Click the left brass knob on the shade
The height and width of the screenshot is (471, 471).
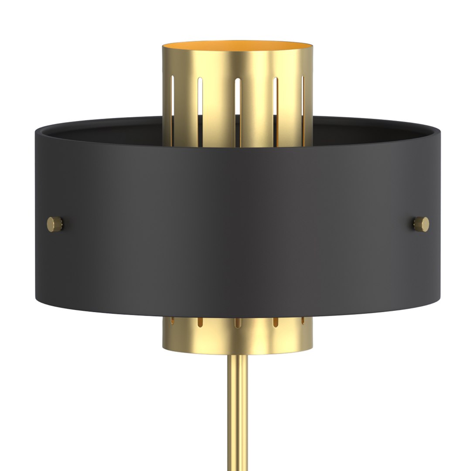coord(55,224)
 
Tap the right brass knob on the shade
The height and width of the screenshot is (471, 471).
coord(422,224)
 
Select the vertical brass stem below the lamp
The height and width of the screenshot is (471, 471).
coord(238,414)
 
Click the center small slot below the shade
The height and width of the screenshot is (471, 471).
coord(238,324)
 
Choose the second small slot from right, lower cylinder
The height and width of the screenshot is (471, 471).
coord(276,323)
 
